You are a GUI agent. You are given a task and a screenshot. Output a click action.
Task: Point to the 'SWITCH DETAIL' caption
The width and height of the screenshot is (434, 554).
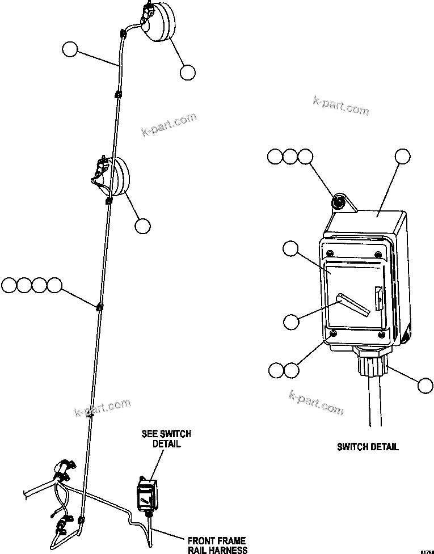(368, 447)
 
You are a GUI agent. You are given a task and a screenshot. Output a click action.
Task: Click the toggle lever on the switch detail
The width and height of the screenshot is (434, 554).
(355, 305)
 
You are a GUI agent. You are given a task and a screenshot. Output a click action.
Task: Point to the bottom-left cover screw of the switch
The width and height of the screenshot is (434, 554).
(334, 334)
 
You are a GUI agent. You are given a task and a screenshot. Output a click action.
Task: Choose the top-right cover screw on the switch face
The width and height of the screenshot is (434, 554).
(378, 253)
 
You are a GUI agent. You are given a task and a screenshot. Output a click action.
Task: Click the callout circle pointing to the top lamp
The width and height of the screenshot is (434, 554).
(188, 72)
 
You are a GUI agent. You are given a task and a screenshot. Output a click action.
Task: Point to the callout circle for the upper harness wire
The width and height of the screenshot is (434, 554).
(70, 49)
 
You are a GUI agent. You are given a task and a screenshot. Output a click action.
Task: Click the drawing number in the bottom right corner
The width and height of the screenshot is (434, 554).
(427, 550)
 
